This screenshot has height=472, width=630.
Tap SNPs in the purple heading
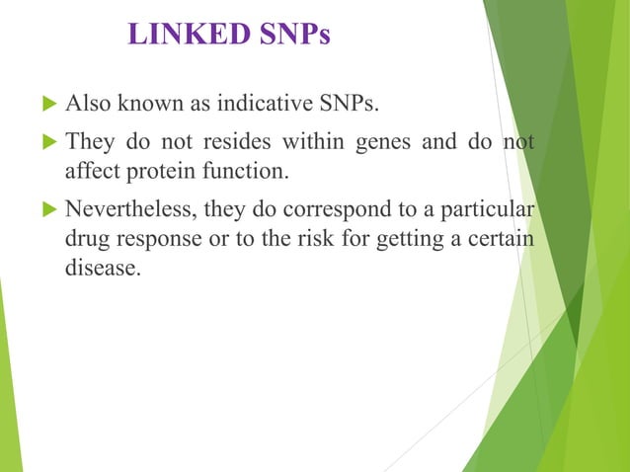click(x=295, y=36)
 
